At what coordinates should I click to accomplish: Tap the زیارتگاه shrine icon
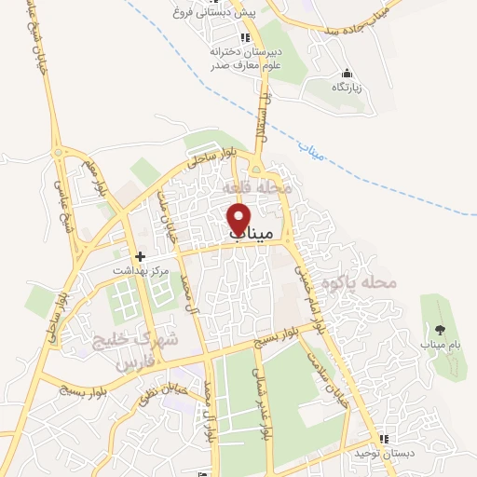pyautogui.click(x=347, y=74)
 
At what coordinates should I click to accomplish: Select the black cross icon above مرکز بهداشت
pyautogui.click(x=140, y=256)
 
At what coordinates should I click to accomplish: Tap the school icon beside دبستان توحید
pyautogui.click(x=382, y=439)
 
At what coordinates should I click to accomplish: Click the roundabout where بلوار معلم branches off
pyautogui.click(x=61, y=150)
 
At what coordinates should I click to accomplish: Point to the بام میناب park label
pyautogui.click(x=440, y=347)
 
